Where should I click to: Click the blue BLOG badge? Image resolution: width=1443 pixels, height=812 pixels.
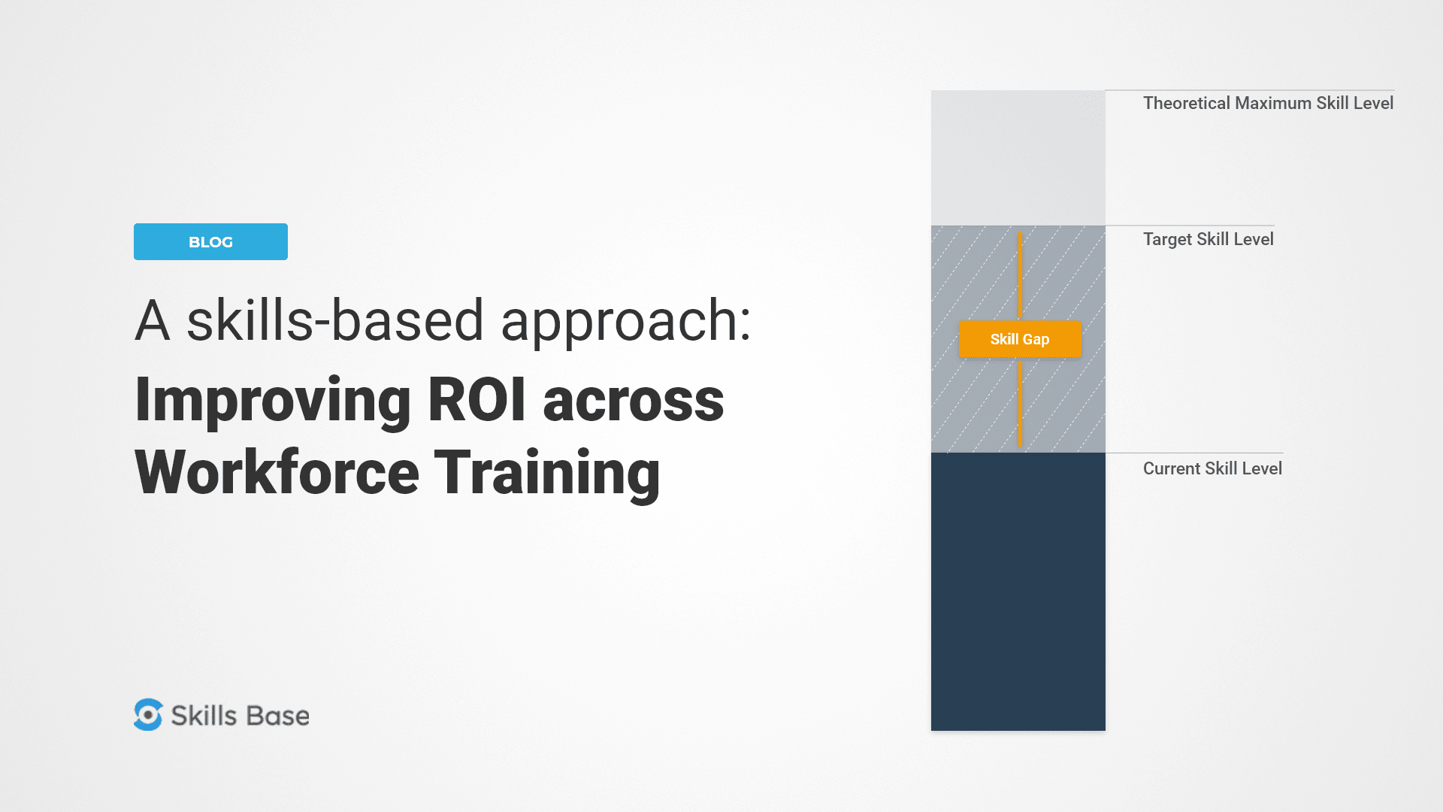[x=210, y=241]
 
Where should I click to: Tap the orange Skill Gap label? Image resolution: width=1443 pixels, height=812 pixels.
[x=1020, y=339]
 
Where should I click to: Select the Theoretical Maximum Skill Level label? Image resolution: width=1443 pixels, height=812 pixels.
[x=1268, y=103]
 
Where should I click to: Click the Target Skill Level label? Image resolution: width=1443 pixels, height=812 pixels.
[x=1208, y=239]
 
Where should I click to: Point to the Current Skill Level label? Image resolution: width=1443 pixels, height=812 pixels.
[x=1212, y=468]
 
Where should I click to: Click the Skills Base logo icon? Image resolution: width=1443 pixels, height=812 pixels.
[x=148, y=715]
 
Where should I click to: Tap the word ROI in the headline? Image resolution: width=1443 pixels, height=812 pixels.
[x=476, y=399]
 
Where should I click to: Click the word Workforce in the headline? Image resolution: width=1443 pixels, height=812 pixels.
[x=277, y=472]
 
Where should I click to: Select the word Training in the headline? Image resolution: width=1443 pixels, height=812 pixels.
[x=547, y=472]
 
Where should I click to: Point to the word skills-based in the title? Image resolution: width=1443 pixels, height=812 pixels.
[x=335, y=320]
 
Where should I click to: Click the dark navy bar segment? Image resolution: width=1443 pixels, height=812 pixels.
[x=1018, y=591]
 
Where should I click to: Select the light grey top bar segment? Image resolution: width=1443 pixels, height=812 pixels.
[x=1018, y=158]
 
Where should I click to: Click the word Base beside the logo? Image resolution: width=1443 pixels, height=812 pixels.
[x=277, y=716]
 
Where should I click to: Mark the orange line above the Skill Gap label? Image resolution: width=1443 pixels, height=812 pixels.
[x=1020, y=274]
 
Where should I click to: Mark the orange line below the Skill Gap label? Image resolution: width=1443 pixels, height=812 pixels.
[x=1020, y=402]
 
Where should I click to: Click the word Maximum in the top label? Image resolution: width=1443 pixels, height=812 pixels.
[x=1272, y=103]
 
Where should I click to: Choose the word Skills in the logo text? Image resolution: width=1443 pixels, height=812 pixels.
[x=204, y=716]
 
